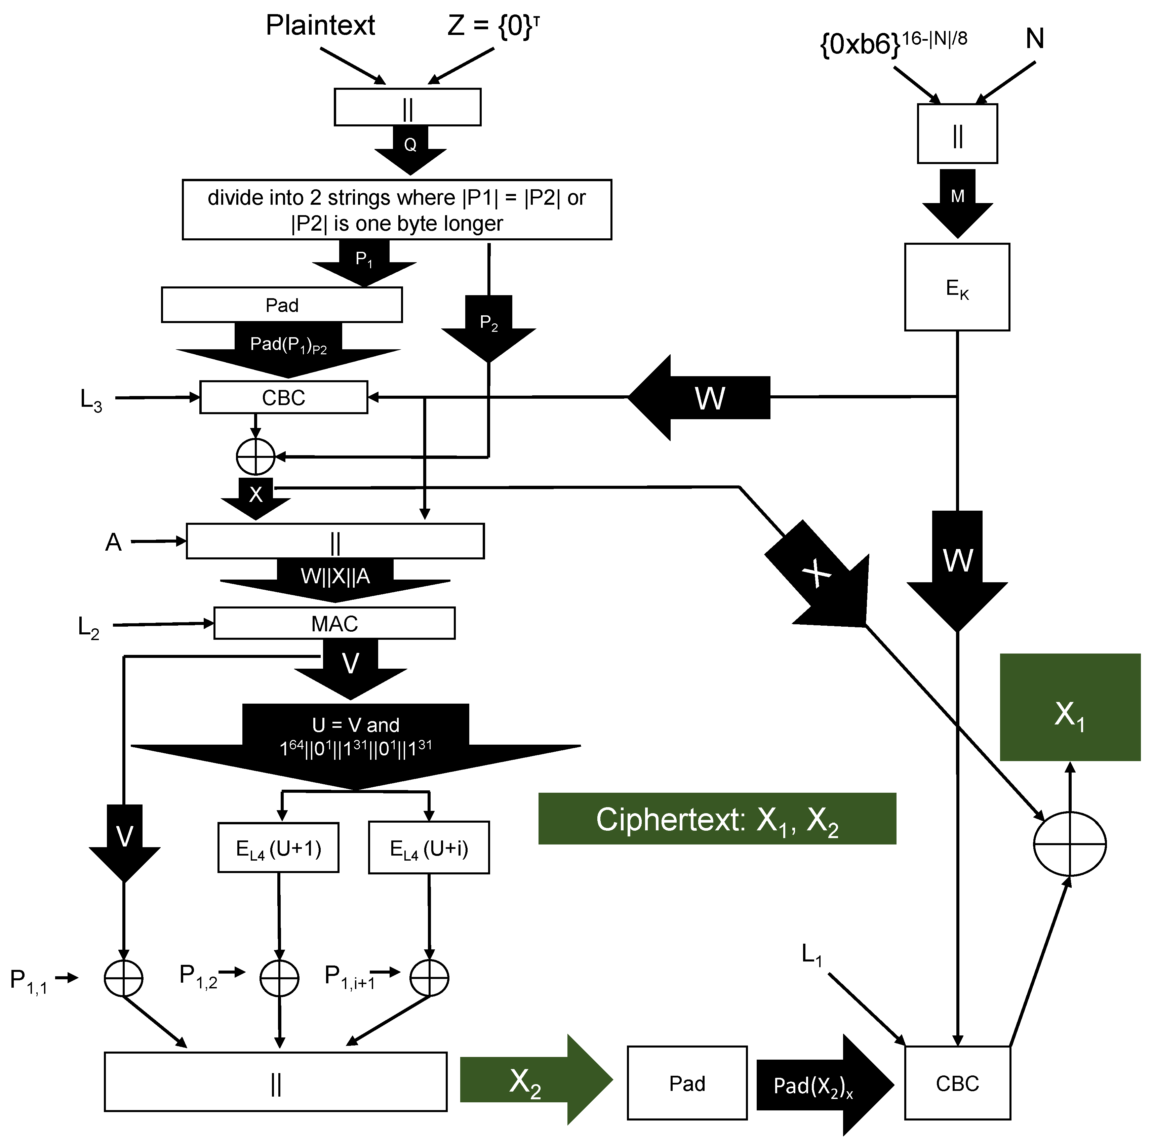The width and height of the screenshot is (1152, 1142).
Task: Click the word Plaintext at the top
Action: [x=320, y=26]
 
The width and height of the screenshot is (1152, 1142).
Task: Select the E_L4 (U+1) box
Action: [x=278, y=848]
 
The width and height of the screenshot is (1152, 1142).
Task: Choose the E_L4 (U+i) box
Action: [x=429, y=848]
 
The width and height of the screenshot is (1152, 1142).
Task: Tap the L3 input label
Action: [x=91, y=400]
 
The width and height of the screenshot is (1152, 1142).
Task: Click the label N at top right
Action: [x=1035, y=39]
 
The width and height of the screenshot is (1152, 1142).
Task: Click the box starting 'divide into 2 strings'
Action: [x=397, y=210]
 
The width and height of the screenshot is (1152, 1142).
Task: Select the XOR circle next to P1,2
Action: [x=279, y=978]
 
